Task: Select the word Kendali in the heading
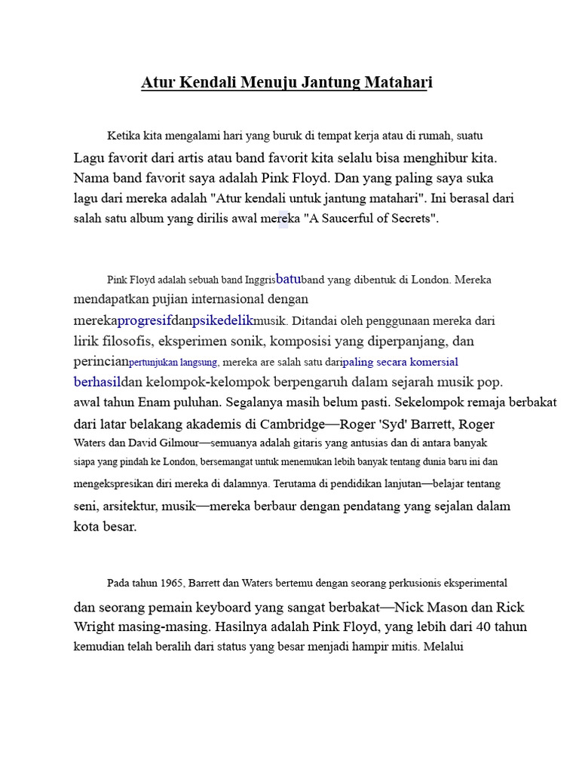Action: [208, 82]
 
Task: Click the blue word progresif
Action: [145, 320]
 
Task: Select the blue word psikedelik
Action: [223, 320]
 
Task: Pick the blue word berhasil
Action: [97, 381]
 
